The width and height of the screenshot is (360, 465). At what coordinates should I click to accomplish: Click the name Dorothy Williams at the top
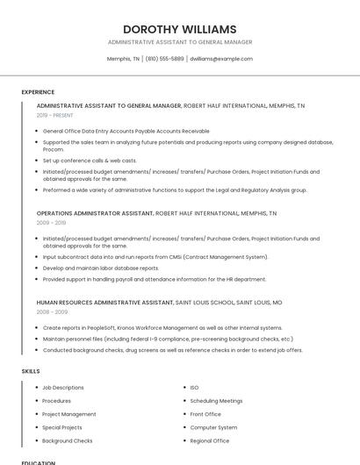[x=179, y=29]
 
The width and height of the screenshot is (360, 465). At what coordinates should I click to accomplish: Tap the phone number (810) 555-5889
[x=165, y=59]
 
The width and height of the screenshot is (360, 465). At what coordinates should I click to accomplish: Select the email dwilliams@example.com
[x=221, y=59]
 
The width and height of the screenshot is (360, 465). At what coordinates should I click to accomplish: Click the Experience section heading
[x=38, y=92]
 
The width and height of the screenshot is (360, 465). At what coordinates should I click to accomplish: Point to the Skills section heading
[x=31, y=371]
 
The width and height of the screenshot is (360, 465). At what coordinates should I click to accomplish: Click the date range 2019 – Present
[x=56, y=115]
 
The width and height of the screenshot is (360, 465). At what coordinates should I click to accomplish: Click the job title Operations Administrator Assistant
[x=95, y=213]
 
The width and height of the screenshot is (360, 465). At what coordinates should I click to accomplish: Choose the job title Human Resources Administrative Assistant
[x=104, y=302]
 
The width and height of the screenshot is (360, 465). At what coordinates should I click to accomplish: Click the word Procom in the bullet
[x=53, y=150]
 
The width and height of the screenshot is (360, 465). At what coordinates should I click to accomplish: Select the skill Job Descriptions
[x=63, y=387]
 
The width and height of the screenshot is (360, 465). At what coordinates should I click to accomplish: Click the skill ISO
[x=194, y=387]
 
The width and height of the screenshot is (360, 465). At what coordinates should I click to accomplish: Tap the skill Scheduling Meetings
[x=216, y=400]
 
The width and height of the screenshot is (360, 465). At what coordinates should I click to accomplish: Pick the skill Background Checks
[x=67, y=440]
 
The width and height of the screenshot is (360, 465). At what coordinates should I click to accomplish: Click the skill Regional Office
[x=210, y=440]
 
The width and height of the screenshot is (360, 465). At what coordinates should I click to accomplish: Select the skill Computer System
[x=213, y=427]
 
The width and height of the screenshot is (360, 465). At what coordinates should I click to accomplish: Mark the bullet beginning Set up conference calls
[x=89, y=161]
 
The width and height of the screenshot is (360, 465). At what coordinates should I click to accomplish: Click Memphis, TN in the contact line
[x=123, y=59]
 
